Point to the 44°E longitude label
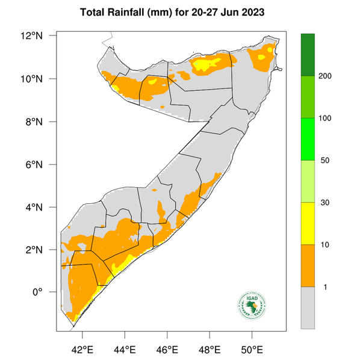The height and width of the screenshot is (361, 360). [x=125, y=348]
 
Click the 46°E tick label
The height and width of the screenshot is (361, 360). [x=167, y=348]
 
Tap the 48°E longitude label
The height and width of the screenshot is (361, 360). [x=209, y=348]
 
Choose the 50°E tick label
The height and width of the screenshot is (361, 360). [x=252, y=348]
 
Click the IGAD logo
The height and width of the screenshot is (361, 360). [x=251, y=307]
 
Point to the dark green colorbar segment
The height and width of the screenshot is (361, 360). [x=308, y=55]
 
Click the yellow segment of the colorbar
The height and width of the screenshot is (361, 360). [x=308, y=223]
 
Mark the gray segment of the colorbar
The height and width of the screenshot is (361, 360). [x=308, y=307]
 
